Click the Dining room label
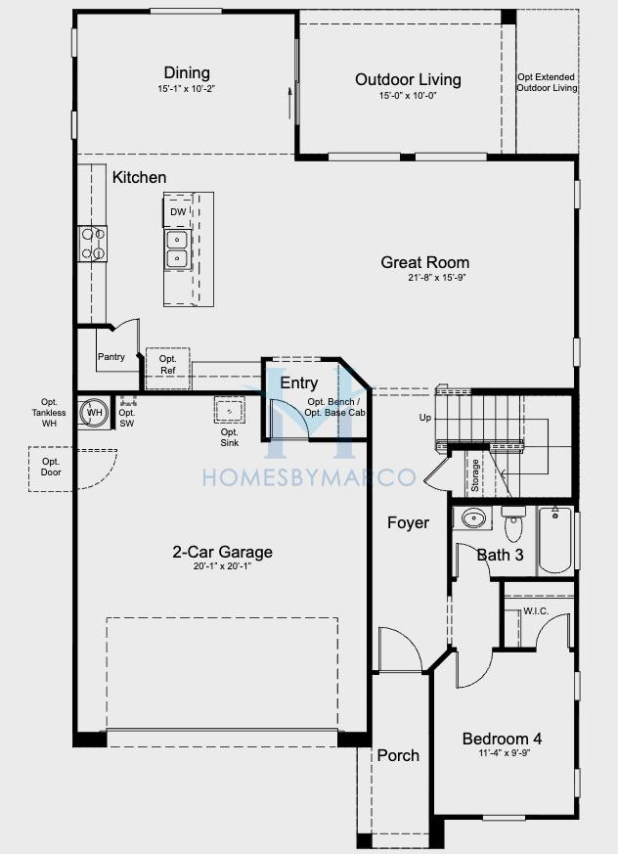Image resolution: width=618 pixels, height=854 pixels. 187,72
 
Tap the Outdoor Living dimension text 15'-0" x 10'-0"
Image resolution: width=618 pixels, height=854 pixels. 409,95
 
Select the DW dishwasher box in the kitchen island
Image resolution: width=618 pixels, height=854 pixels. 178,211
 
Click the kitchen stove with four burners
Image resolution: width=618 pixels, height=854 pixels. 92,244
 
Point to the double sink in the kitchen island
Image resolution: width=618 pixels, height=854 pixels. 178,250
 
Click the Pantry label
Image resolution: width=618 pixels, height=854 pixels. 111,357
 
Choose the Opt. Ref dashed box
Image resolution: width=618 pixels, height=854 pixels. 168,368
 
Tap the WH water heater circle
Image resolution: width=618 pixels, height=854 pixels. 95,413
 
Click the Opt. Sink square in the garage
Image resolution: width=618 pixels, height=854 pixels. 229,410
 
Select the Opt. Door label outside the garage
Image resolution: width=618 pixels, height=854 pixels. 51,467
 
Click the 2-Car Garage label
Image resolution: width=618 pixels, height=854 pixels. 222,552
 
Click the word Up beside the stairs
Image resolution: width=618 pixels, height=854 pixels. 424,417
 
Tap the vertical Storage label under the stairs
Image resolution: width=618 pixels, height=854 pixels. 475,475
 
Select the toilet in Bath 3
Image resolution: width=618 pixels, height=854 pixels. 513,521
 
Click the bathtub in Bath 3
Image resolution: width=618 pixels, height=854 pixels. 555,539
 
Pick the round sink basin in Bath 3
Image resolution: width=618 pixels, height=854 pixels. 473,517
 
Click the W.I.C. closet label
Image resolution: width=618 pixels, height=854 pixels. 536,611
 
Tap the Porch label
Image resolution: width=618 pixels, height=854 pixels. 398,755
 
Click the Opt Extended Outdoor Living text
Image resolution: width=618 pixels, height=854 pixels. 547,82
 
